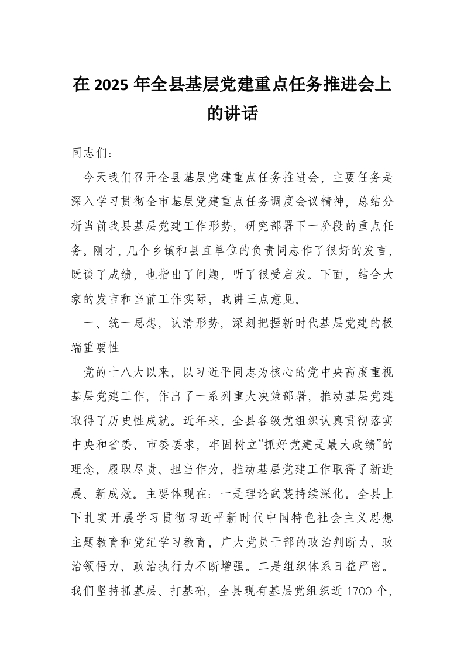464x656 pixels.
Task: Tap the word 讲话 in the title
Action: point(242,113)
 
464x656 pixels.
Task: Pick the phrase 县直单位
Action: point(231,251)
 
